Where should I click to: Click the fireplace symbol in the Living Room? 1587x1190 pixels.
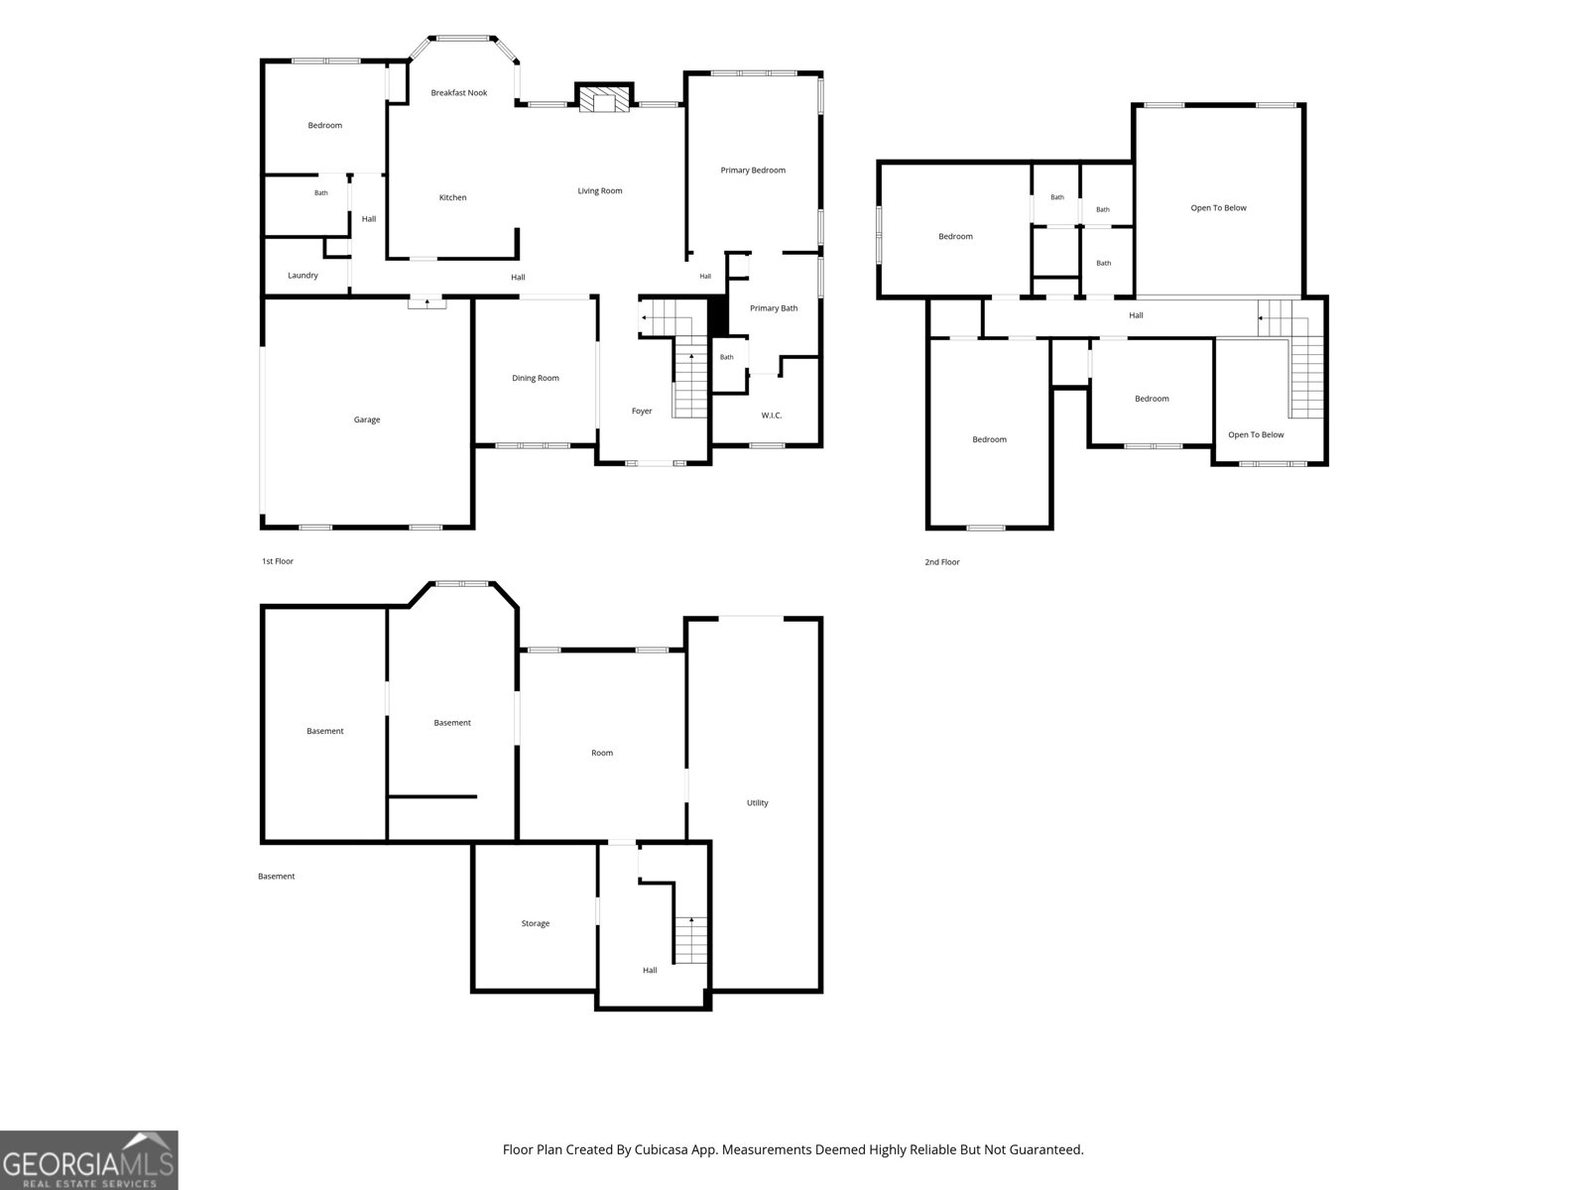pyautogui.click(x=604, y=101)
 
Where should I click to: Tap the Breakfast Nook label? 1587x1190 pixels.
pyautogui.click(x=459, y=92)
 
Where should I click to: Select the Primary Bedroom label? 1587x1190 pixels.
pyautogui.click(x=753, y=170)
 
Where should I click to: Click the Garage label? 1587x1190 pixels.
pyautogui.click(x=367, y=419)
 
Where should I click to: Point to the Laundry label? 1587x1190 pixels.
pyautogui.click(x=303, y=276)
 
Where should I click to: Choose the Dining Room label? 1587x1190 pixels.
pyautogui.click(x=535, y=378)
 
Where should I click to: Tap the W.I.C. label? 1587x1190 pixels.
pyautogui.click(x=772, y=416)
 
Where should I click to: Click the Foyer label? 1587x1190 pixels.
pyautogui.click(x=642, y=412)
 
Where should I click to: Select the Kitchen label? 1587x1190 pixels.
pyautogui.click(x=452, y=197)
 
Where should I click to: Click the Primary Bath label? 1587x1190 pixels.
pyautogui.click(x=774, y=307)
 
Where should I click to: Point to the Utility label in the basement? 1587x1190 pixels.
pyautogui.click(x=757, y=802)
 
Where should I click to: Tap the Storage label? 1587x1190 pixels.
pyautogui.click(x=535, y=923)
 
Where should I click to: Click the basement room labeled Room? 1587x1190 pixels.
pyautogui.click(x=601, y=753)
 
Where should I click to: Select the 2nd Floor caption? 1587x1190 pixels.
pyautogui.click(x=942, y=562)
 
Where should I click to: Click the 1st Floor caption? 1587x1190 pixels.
pyautogui.click(x=278, y=561)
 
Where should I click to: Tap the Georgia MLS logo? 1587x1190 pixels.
pyautogui.click(x=89, y=1160)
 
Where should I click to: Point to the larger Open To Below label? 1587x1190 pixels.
pyautogui.click(x=1218, y=208)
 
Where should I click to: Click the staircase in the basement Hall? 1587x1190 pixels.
pyautogui.click(x=690, y=940)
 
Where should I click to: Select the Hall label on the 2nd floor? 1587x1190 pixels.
pyautogui.click(x=1136, y=315)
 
